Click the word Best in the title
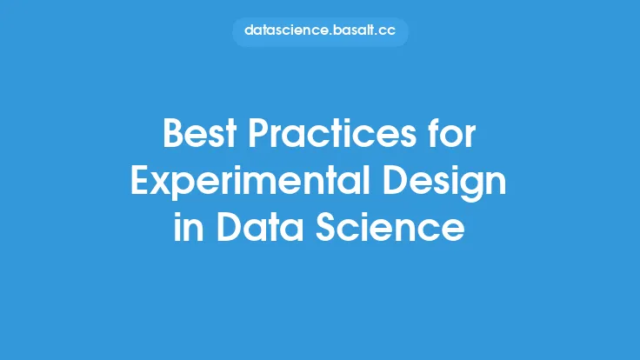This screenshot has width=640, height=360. coord(200,133)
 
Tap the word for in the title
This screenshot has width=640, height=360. coord(452,133)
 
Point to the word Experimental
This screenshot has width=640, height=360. coord(250,182)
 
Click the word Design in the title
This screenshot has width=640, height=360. coord(444,182)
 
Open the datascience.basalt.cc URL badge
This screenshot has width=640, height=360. coord(320,31)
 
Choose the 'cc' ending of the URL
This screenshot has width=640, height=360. coord(387,31)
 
